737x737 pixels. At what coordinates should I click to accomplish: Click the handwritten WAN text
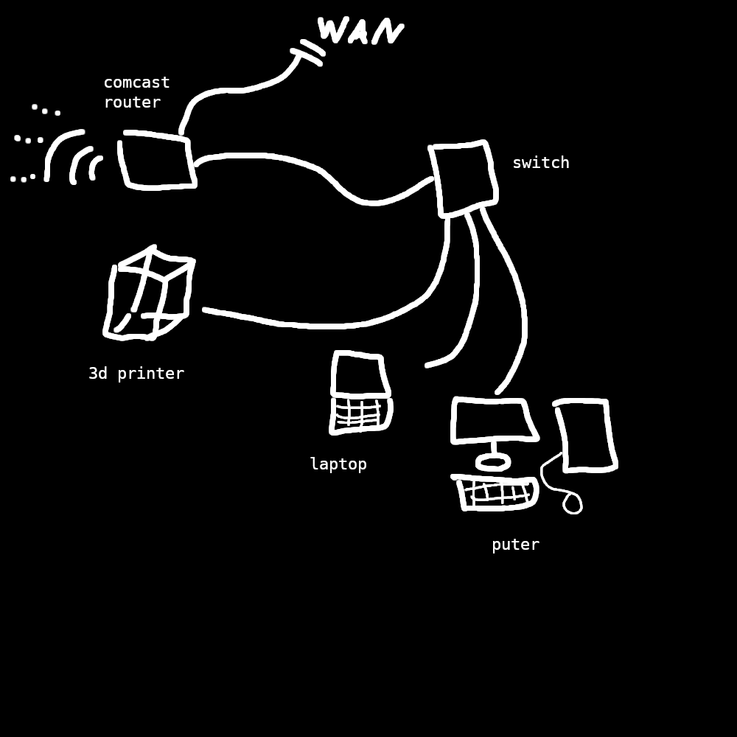point(360,31)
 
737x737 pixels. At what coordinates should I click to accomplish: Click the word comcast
point(136,83)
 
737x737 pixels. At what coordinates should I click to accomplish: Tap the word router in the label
point(132,102)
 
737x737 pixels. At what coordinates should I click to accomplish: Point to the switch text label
point(540,163)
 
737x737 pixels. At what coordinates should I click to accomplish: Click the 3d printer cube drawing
point(150,295)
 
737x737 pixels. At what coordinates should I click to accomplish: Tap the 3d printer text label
point(136,374)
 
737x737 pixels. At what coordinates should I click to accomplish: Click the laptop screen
point(360,375)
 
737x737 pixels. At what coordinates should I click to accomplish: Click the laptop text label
point(338,464)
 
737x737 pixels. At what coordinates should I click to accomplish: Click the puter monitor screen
point(492,420)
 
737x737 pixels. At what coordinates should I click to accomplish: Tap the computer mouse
point(573,503)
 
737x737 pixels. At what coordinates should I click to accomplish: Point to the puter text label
point(515,545)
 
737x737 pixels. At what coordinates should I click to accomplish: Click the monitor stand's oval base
point(493,463)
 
